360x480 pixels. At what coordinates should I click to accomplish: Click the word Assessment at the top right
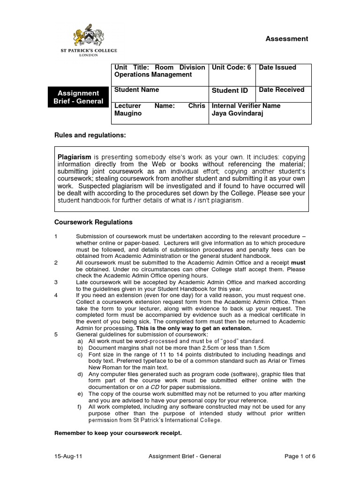click(287, 39)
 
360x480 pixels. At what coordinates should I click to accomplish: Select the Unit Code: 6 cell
click(232, 67)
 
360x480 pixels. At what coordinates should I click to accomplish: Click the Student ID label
click(230, 90)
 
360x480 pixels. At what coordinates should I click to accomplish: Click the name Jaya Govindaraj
click(239, 113)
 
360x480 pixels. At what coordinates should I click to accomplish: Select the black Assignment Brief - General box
click(78, 97)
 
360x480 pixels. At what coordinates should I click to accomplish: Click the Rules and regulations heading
click(90, 135)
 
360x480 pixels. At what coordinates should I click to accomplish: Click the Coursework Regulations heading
click(93, 222)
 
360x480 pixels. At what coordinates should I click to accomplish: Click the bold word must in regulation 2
click(298, 263)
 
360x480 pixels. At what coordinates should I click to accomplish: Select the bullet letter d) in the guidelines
click(80, 374)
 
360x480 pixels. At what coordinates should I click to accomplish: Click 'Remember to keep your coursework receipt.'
click(118, 433)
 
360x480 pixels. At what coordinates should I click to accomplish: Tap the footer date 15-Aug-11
click(67, 456)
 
